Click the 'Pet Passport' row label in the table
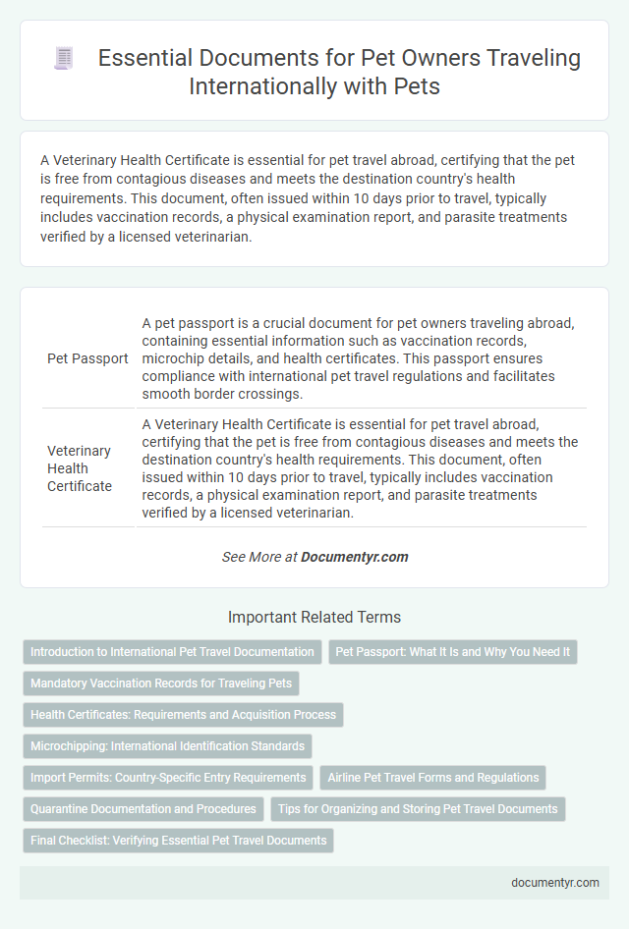(x=87, y=357)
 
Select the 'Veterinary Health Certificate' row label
(x=80, y=467)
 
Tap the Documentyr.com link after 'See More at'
(x=354, y=557)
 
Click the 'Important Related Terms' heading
(x=314, y=618)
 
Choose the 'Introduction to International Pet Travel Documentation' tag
(x=172, y=652)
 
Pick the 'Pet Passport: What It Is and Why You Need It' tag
(x=453, y=652)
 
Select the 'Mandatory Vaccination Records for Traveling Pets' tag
(x=161, y=683)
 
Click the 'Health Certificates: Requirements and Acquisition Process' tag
(x=183, y=715)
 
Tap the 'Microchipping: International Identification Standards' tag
(x=167, y=746)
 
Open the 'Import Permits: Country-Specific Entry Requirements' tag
(x=168, y=778)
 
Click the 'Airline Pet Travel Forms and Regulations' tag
(x=433, y=778)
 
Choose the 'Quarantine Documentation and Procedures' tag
(x=143, y=809)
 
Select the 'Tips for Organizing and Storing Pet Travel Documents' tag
(x=418, y=809)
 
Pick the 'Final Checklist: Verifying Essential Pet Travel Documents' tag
(x=178, y=841)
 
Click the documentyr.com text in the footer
(x=555, y=883)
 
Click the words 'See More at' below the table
(x=259, y=557)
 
